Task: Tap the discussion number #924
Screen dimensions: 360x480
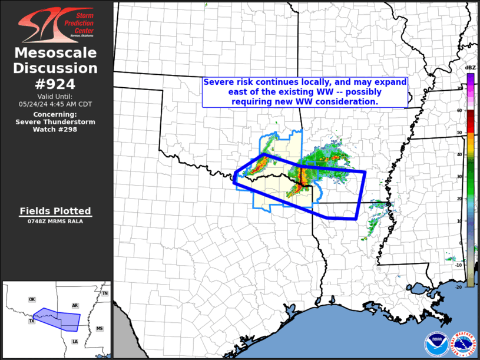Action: click(x=56, y=83)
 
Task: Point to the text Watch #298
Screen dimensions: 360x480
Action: click(x=56, y=129)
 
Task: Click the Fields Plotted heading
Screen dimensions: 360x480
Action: click(x=56, y=211)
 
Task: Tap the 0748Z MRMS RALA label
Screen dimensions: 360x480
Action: click(x=56, y=221)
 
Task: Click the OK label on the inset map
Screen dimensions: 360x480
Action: click(x=32, y=299)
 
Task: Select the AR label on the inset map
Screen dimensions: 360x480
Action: click(x=75, y=306)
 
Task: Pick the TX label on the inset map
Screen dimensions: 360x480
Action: click(x=32, y=321)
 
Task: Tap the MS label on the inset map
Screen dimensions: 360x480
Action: click(x=99, y=328)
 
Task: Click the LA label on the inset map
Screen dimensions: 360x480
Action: click(x=75, y=341)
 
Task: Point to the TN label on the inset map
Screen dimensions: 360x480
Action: click(x=105, y=293)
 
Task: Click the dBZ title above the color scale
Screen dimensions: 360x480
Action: click(x=470, y=68)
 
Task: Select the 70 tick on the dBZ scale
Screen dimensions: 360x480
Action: click(x=459, y=89)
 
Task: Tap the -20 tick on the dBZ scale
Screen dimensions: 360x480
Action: click(x=458, y=286)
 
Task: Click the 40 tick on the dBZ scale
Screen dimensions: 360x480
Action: click(x=459, y=154)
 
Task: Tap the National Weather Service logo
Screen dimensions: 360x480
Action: click(x=463, y=344)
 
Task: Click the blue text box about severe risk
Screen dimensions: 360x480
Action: click(x=304, y=93)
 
